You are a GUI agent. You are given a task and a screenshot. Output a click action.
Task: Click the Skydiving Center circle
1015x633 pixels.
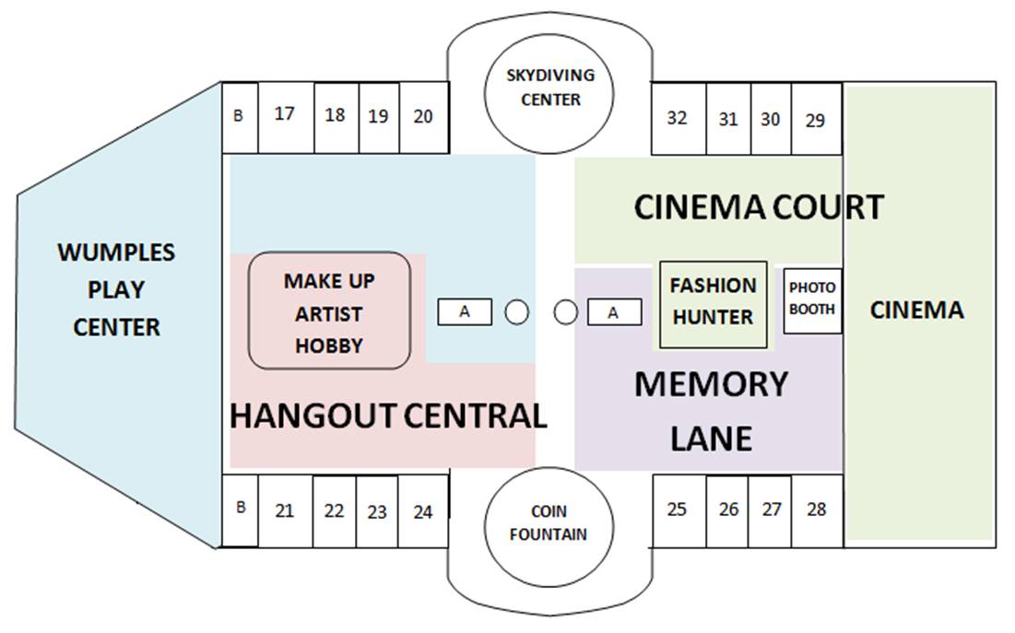[550, 88]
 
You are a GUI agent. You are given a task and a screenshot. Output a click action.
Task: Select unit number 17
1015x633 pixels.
[286, 115]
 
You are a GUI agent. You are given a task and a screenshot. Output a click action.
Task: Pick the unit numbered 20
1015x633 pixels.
[423, 117]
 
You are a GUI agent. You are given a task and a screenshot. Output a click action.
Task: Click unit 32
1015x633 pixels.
[678, 119]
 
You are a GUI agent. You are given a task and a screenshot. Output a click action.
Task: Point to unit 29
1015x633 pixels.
[816, 120]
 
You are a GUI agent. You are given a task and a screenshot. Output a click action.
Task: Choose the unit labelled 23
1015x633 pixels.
[377, 512]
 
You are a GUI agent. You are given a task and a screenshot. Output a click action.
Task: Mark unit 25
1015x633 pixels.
[678, 510]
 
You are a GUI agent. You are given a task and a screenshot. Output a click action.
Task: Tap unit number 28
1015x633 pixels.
[816, 510]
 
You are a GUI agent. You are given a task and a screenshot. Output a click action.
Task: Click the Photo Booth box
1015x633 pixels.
[812, 299]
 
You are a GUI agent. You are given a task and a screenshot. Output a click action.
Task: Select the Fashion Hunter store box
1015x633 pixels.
[713, 302]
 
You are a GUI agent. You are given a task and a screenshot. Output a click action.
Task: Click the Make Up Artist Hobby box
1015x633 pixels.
[329, 312]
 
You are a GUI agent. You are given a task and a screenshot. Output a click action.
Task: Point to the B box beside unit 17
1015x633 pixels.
[239, 117]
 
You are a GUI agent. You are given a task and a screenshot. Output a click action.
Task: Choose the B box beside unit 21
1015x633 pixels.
[240, 509]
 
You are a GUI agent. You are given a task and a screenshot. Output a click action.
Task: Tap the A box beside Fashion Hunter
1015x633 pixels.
[613, 313]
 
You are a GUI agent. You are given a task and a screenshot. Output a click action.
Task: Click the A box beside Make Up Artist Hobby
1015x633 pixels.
[465, 312]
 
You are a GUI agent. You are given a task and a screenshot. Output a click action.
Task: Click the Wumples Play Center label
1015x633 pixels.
[116, 289]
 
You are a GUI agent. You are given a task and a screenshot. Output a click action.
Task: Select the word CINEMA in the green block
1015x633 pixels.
[916, 311]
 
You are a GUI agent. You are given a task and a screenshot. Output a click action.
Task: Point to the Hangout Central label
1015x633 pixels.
[388, 416]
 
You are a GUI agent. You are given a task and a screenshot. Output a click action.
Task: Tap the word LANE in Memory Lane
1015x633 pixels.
[711, 439]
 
